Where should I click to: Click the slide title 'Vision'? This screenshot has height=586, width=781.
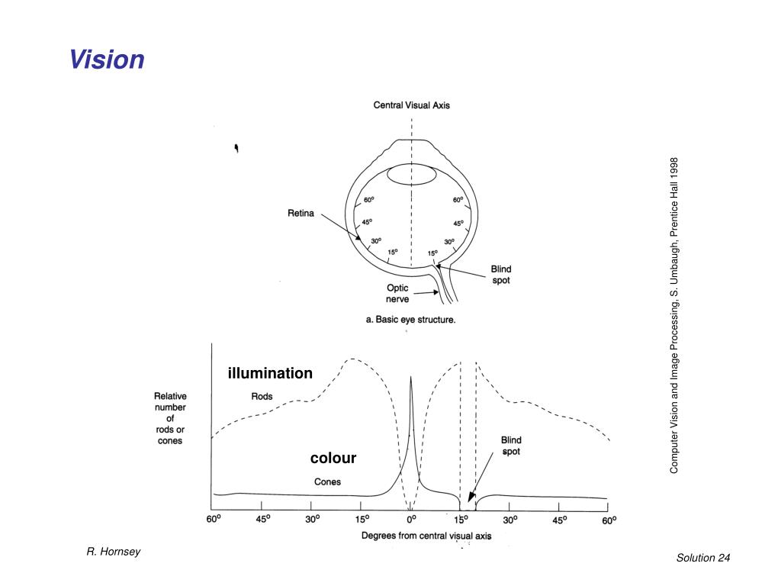[x=106, y=60]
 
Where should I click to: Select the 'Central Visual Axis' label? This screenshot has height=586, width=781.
[x=411, y=105]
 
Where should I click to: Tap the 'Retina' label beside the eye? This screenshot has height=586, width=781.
[x=301, y=214]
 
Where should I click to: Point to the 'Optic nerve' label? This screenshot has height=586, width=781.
[x=397, y=294]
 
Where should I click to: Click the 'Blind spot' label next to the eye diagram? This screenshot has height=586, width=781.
[x=500, y=275]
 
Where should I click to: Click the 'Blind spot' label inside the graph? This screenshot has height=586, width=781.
[x=511, y=446]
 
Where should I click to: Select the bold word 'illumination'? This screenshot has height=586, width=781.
[x=270, y=373]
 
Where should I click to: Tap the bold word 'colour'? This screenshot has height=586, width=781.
[x=333, y=458]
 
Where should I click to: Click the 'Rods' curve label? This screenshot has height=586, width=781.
[x=262, y=396]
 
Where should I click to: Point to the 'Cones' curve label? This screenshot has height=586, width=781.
[x=328, y=481]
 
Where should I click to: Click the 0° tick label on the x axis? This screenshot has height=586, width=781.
[x=411, y=520]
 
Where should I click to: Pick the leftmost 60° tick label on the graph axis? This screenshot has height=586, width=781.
[x=214, y=520]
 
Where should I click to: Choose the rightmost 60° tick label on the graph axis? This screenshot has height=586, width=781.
[x=608, y=520]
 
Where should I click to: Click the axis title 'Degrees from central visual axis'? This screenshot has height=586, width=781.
[x=426, y=536]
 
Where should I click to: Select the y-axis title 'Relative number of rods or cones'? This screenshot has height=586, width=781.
[x=170, y=418]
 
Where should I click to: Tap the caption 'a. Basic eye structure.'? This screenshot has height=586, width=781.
[x=411, y=320]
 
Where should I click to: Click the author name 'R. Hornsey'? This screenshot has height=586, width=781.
[x=113, y=552]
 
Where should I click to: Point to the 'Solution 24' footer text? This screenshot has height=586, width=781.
[x=702, y=558]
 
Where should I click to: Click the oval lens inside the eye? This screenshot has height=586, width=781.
[x=411, y=175]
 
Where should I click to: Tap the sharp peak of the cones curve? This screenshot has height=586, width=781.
[x=411, y=377]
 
